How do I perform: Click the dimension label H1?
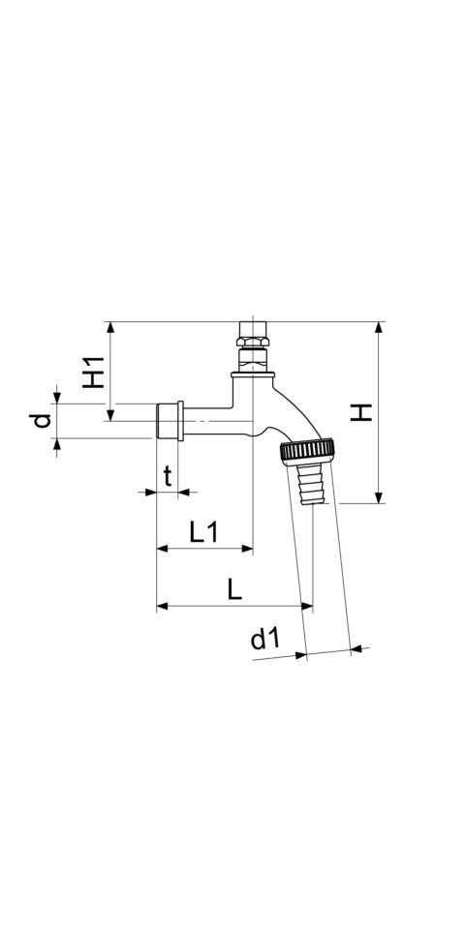tap(94, 372)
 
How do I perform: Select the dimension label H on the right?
tap(360, 412)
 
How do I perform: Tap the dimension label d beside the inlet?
tap(41, 421)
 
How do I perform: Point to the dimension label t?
tap(168, 476)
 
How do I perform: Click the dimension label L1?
tap(204, 532)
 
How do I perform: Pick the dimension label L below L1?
tap(235, 589)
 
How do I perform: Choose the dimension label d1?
tap(265, 639)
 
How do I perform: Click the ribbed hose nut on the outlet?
tap(308, 452)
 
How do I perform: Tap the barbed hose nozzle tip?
tap(310, 484)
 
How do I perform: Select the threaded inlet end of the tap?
tap(168, 421)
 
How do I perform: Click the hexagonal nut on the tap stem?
tap(252, 342)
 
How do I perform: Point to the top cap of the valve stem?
tap(252, 329)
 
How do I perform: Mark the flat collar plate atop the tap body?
tap(253, 375)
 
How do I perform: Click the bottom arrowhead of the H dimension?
tap(379, 497)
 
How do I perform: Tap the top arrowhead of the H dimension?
tap(379, 328)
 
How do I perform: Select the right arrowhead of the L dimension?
tap(307, 606)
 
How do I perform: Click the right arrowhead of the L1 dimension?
tap(247, 549)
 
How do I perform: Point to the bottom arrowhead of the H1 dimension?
tap(110, 415)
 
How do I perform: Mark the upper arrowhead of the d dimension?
tap(57, 398)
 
